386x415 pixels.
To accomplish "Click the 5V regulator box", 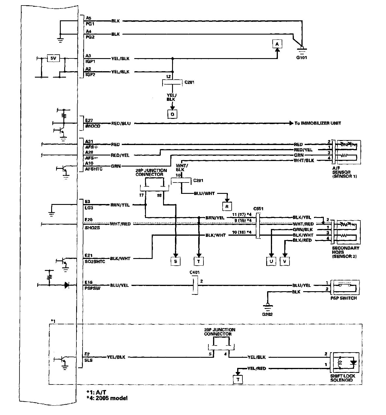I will [53, 58].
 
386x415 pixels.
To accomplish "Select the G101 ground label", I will [301, 57].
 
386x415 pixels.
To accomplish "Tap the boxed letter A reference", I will [277, 44].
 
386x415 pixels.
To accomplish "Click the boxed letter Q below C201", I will [172, 114].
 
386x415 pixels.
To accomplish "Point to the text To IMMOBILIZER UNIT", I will [318, 123].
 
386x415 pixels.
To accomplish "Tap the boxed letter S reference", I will [175, 261].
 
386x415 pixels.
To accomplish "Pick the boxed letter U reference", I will [271, 261].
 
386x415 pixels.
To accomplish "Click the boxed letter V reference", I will [285, 261].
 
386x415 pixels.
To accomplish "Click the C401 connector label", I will [194, 272].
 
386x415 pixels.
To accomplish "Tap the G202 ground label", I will [267, 314].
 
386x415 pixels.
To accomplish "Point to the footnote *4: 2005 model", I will [107, 398].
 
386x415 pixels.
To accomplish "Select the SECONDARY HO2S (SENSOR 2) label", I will [346, 252].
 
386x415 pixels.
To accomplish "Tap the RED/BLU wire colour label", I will [121, 123].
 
